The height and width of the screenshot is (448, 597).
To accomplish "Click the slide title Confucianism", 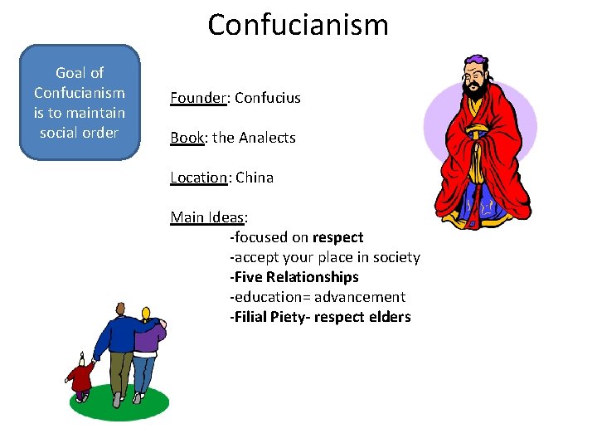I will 298,25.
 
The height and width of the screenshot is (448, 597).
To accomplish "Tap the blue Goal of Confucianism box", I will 80,103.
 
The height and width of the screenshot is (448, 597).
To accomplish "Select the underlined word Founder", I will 198,98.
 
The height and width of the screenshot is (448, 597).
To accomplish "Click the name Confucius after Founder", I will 268,98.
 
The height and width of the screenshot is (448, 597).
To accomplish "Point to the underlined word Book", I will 187,138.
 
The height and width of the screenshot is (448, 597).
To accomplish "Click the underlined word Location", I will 198,178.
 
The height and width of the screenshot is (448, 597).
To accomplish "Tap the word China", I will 255,178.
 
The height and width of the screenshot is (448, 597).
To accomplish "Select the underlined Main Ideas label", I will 207,217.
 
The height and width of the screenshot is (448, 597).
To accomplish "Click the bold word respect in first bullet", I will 337,237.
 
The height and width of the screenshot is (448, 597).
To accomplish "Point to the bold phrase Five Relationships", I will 296,277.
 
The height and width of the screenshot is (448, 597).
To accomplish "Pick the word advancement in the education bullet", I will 366,297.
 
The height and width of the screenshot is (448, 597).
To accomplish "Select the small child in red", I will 80,377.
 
